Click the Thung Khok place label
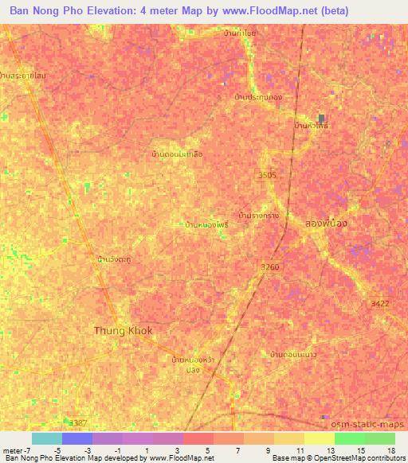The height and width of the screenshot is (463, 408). [123, 330]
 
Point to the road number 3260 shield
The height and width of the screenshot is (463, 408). [270, 267]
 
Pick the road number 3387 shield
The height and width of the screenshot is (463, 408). [78, 422]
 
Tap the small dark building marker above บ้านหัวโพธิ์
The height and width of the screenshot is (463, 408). [323, 116]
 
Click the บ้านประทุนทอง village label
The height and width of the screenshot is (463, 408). [258, 96]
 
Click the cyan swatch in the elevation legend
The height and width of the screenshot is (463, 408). [46, 438]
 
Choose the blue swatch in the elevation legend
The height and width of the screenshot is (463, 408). [76, 438]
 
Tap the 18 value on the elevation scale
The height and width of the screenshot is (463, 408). [391, 451]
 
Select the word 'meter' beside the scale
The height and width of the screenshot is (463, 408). [12, 451]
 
